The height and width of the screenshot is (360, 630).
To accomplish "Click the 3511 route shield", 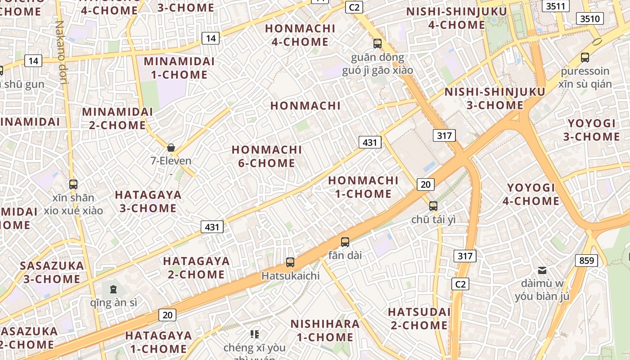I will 556,6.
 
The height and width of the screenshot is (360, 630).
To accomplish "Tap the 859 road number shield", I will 586,260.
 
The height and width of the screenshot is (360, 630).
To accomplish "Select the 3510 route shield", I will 589,18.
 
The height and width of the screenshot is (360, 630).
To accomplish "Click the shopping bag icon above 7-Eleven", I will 171,147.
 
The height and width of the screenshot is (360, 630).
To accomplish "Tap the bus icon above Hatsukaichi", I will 290,262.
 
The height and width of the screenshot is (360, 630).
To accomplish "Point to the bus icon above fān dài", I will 345,242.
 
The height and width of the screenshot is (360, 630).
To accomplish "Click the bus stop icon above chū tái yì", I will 433,206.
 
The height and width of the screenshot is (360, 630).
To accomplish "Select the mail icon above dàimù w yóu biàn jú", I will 542,270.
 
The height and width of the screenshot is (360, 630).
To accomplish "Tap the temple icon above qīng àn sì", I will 113,288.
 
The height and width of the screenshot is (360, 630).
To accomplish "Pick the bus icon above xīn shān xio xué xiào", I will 73,184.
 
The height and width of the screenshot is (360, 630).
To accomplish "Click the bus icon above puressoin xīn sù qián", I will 585,57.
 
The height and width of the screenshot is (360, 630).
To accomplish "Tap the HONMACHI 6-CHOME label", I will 267,156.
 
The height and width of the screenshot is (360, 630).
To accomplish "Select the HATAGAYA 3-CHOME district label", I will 148,202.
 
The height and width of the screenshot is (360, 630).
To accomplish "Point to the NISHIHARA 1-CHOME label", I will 325,330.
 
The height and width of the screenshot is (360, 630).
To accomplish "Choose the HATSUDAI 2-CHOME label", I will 419,319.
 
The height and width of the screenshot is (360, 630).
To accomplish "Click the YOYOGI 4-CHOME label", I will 531,194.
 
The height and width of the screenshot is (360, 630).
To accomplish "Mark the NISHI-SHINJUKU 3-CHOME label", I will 495,99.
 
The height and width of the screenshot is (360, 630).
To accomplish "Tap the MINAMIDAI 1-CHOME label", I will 179,68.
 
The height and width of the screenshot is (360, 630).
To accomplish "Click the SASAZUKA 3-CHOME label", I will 52,272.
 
